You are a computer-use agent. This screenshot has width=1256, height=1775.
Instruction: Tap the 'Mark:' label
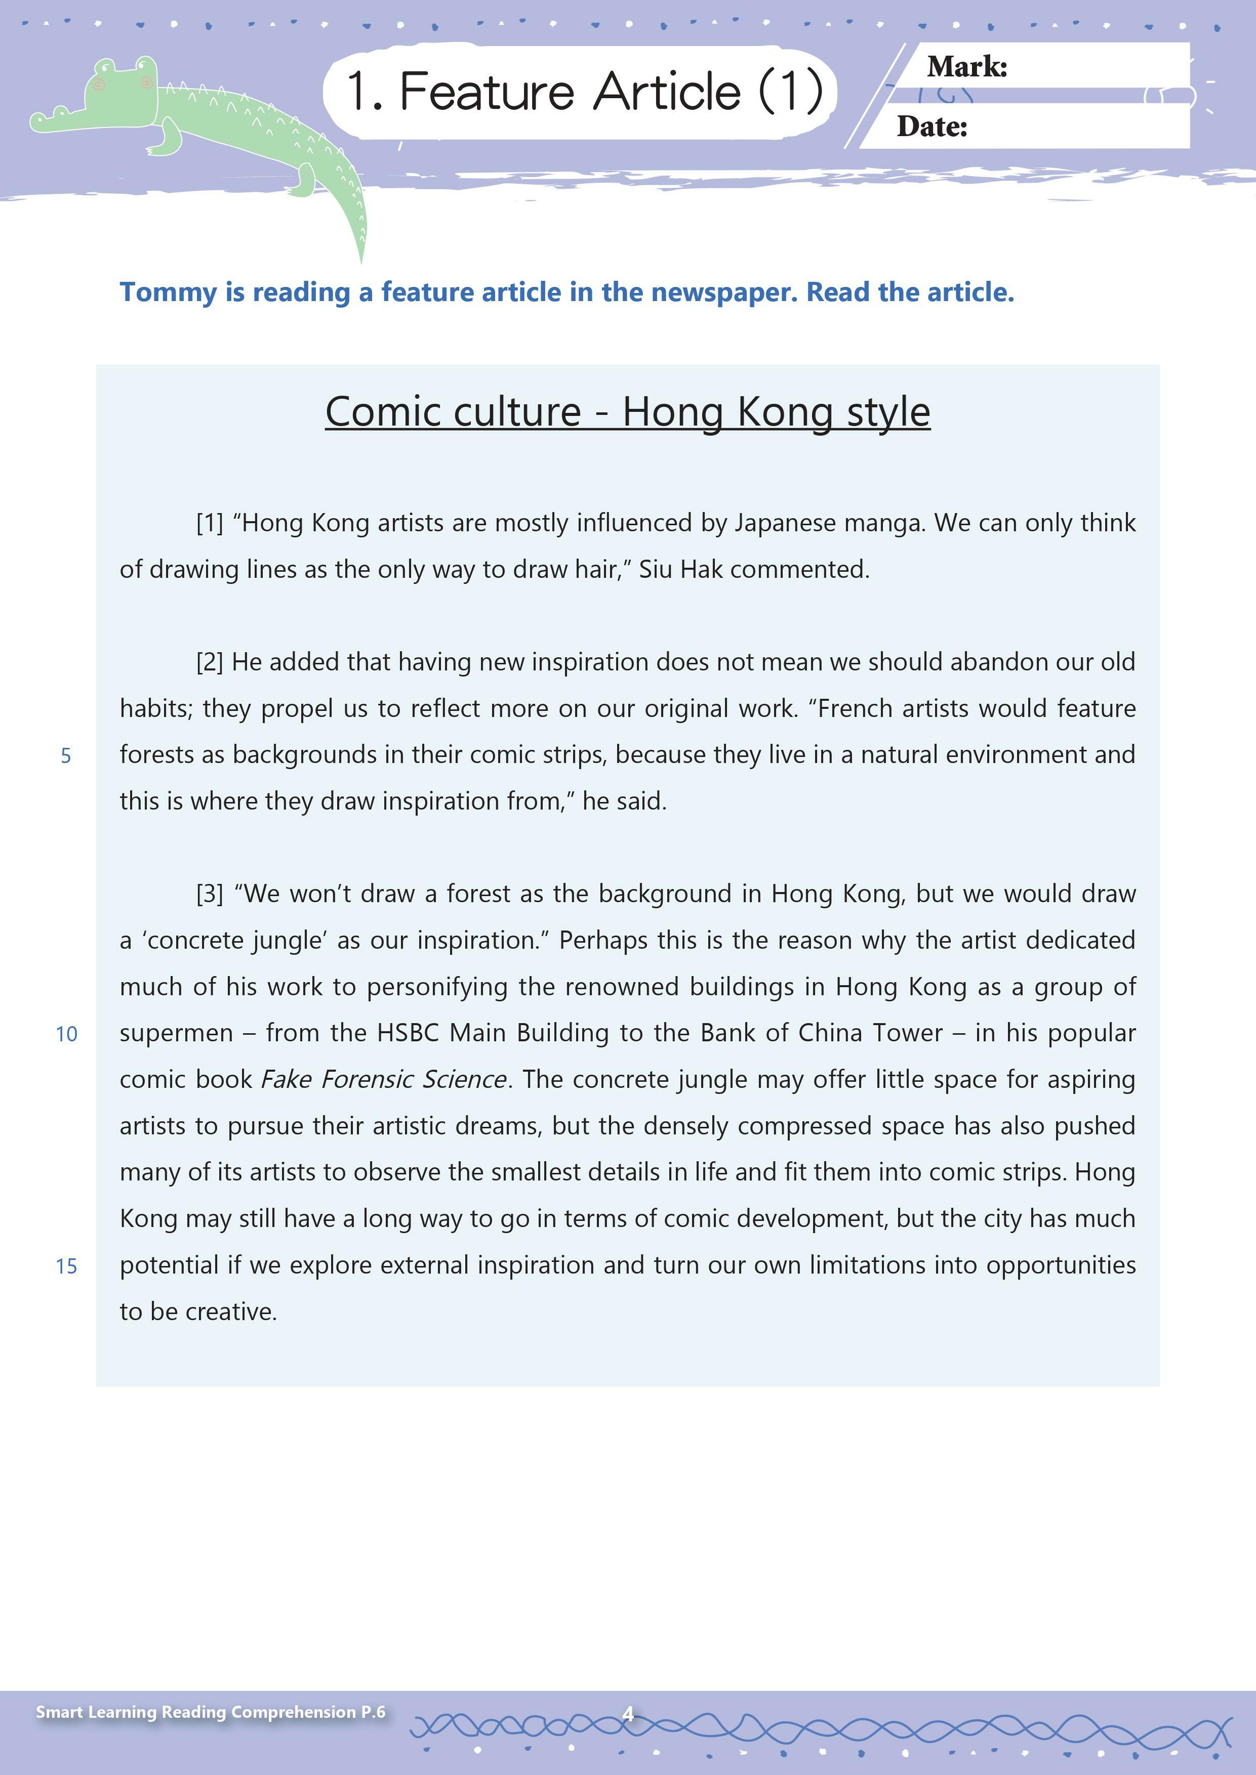click(967, 67)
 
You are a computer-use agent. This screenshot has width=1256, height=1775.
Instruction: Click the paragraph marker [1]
click(210, 523)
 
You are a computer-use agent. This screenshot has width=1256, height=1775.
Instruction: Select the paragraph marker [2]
click(210, 662)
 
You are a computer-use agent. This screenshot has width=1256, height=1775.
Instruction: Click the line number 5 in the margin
click(66, 756)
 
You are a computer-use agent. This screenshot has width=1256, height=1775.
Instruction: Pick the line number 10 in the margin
click(66, 1034)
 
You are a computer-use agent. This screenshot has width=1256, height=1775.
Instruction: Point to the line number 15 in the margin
click(66, 1266)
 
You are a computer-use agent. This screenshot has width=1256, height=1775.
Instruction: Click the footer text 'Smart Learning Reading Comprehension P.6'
click(211, 1712)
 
